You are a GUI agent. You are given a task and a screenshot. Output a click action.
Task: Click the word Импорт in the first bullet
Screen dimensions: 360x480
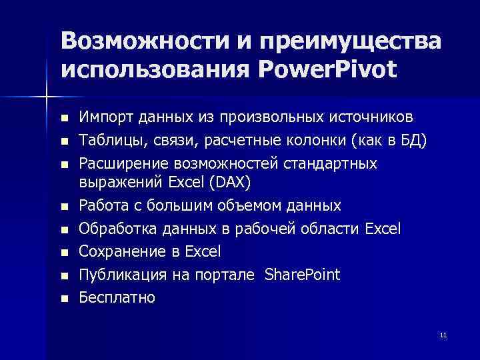[x=102, y=117]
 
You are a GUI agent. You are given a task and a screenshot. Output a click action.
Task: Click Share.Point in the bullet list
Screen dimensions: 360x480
[x=302, y=275]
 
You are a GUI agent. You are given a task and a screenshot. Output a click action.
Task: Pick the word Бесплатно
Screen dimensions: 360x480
[x=117, y=297]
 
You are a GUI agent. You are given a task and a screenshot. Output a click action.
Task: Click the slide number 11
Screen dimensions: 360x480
[x=443, y=334]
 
